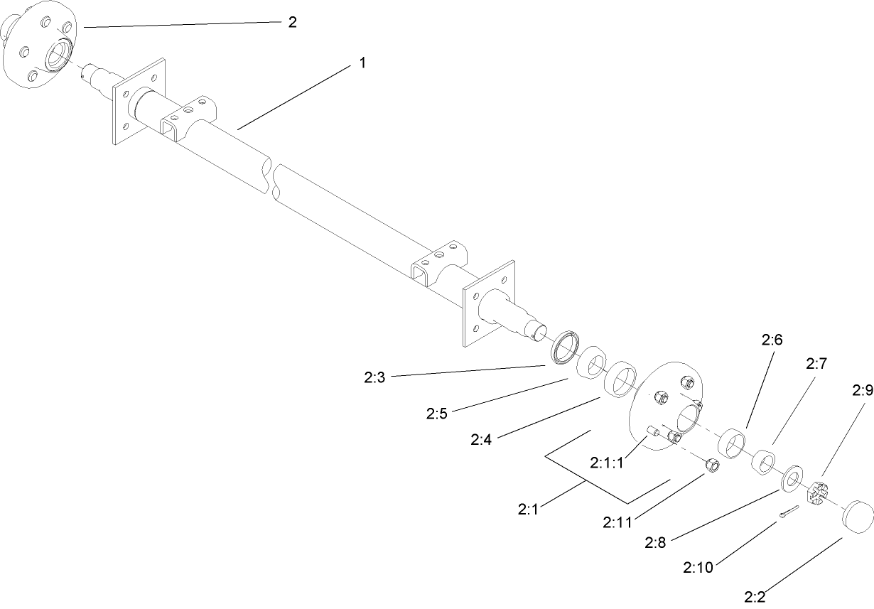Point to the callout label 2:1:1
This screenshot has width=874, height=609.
(606, 463)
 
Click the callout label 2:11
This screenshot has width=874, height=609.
(617, 522)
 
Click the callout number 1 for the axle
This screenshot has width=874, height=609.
(362, 63)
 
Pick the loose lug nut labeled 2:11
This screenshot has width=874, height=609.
(713, 465)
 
